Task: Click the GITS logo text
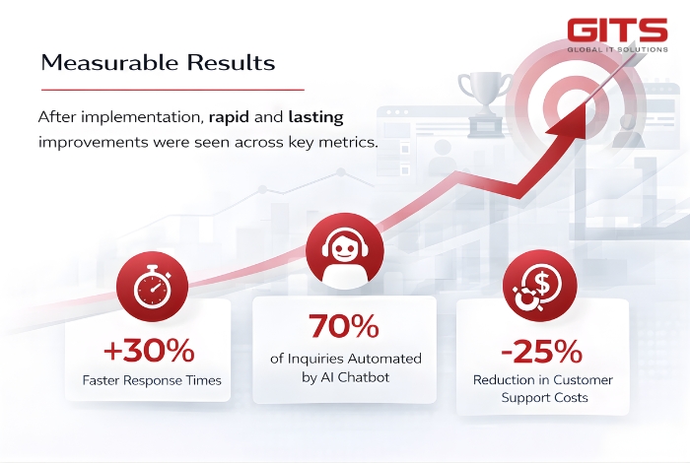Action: [617, 30]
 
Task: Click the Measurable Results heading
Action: [158, 62]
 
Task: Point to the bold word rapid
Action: [233, 116]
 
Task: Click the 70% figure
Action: [345, 327]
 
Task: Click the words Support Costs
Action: [543, 399]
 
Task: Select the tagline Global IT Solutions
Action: [617, 48]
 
